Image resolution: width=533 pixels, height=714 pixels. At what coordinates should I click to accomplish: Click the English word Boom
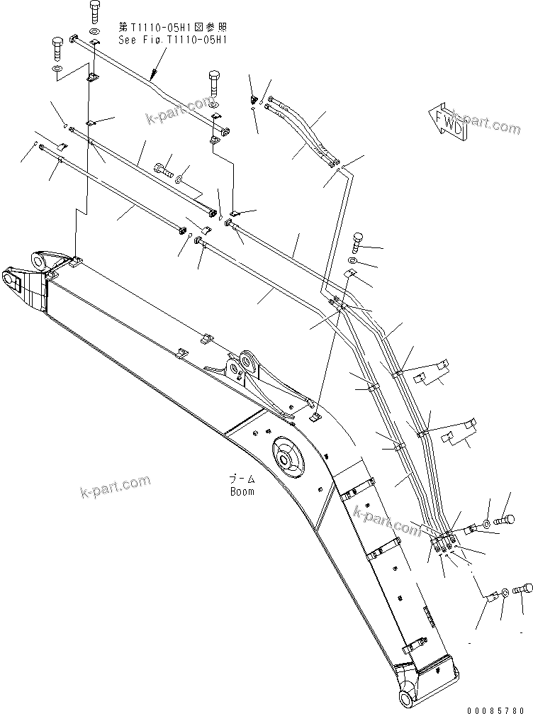pyautogui.click(x=241, y=491)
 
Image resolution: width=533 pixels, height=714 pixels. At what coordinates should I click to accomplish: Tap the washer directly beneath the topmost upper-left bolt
pyautogui.click(x=95, y=33)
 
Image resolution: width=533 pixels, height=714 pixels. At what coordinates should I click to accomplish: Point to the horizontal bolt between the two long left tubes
pyautogui.click(x=163, y=169)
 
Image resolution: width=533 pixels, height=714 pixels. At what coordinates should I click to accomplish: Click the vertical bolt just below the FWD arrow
pyautogui.click(x=357, y=242)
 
